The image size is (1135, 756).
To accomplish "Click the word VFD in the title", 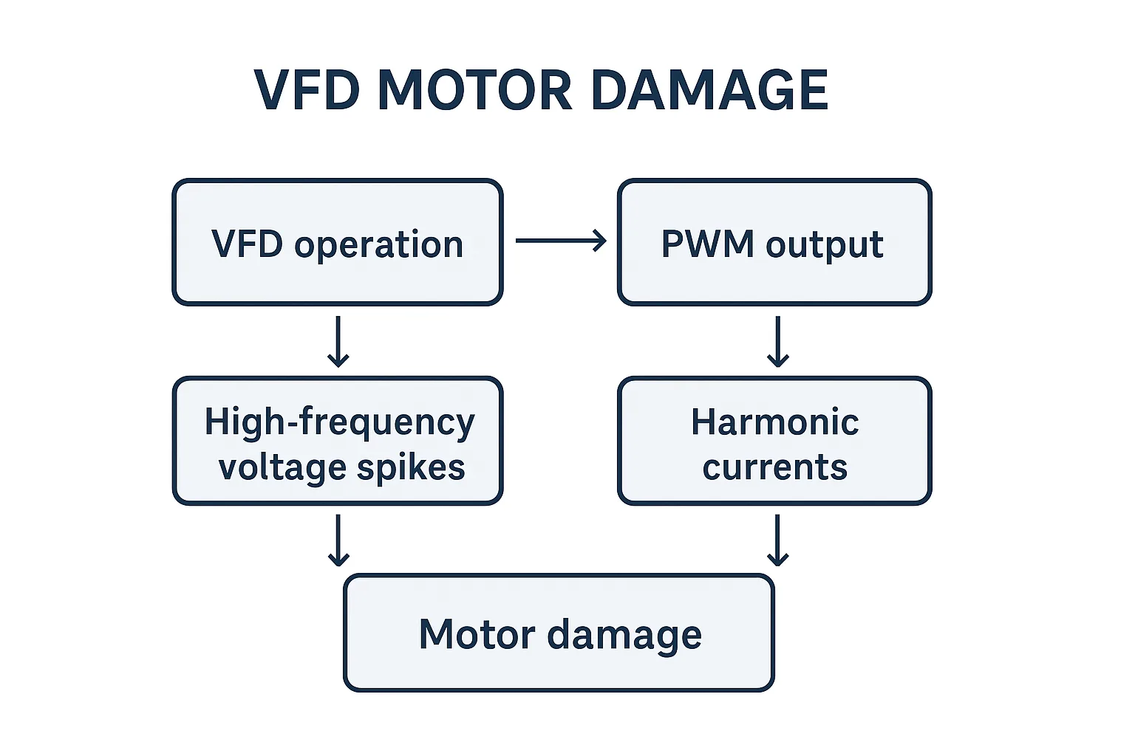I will click(x=306, y=90).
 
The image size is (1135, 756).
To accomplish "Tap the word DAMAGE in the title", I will click(x=709, y=90).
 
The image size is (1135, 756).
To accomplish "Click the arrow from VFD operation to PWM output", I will click(x=561, y=241).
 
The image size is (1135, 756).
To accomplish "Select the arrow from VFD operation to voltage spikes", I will click(x=338, y=341).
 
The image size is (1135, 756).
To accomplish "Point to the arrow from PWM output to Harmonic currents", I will click(x=777, y=341).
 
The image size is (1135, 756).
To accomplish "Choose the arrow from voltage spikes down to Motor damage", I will click(x=338, y=540).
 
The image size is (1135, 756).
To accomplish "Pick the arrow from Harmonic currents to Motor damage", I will click(x=777, y=540).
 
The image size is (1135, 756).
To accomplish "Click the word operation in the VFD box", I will click(x=378, y=245).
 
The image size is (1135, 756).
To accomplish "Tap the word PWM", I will click(x=707, y=244).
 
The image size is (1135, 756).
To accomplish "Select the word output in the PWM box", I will click(x=824, y=245).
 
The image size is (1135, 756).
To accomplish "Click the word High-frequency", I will click(x=339, y=423).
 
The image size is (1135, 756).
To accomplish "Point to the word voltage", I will click(x=282, y=468).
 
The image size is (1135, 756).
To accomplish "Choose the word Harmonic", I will click(x=774, y=422).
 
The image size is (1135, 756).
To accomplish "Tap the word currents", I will click(x=774, y=468).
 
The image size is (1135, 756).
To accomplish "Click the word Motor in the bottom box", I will click(x=477, y=634).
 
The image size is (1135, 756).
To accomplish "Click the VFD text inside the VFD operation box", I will click(x=247, y=244).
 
